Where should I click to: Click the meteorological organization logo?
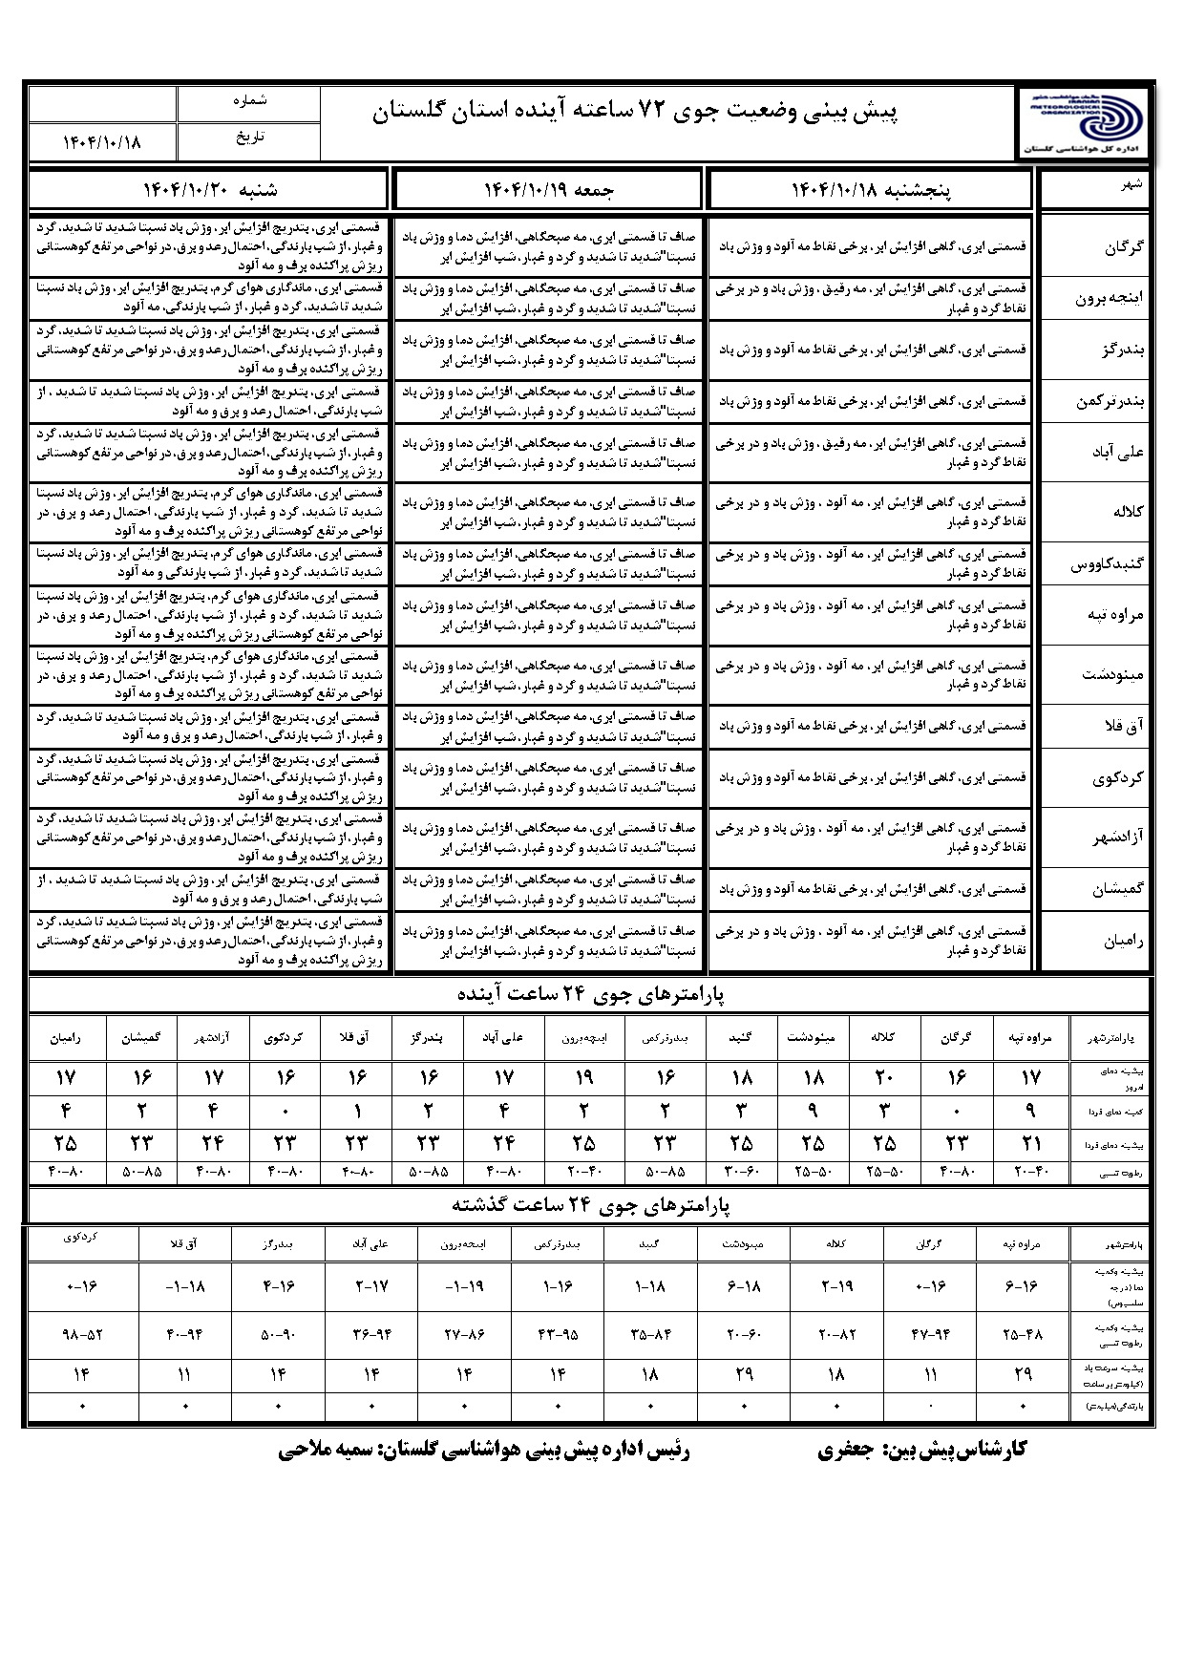click(1084, 121)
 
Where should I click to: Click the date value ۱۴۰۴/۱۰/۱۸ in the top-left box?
click(102, 141)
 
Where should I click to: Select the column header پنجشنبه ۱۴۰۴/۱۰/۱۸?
click(871, 189)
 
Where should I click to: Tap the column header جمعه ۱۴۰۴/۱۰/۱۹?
click(549, 189)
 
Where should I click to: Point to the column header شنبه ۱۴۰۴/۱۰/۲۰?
click(210, 189)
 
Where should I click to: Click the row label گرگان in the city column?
click(1124, 248)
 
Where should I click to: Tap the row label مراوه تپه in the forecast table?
click(1115, 615)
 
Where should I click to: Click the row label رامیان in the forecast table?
click(1124, 942)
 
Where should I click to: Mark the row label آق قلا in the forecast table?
click(1122, 727)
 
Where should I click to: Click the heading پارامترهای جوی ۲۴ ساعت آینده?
click(592, 995)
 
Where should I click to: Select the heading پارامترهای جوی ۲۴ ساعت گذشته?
click(592, 1206)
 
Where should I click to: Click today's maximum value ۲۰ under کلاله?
click(884, 1077)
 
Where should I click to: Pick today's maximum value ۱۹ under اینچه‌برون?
click(584, 1077)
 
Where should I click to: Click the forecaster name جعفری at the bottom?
click(845, 1450)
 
